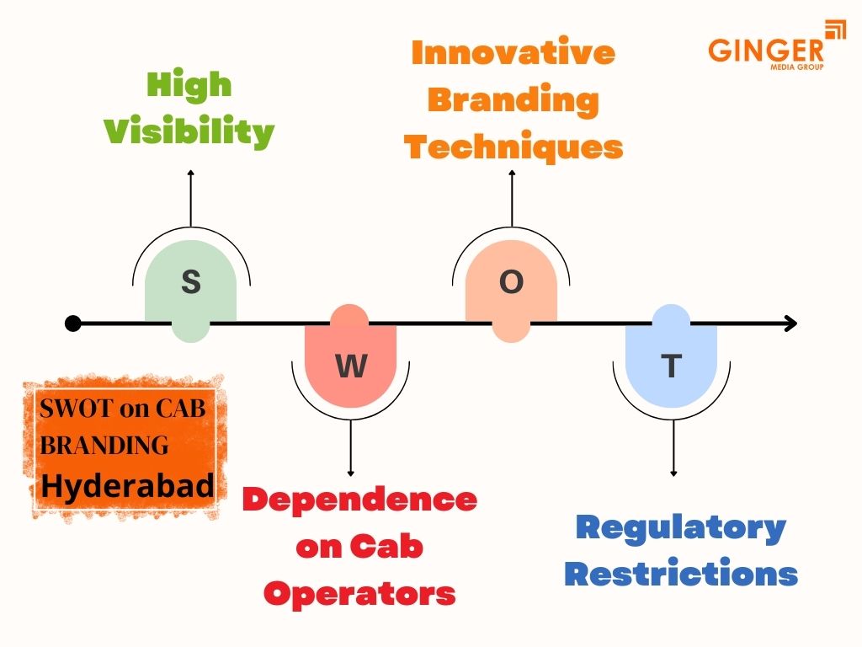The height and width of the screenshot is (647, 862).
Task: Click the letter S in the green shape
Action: (x=191, y=281)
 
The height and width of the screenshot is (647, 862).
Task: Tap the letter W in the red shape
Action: (x=351, y=366)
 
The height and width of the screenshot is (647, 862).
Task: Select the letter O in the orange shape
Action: (x=511, y=282)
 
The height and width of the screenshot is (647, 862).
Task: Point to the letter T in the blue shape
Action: (x=671, y=366)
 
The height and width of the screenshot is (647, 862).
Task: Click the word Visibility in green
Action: (x=189, y=131)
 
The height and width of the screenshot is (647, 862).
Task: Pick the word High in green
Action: (x=189, y=84)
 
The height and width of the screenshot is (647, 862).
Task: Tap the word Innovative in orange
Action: (x=513, y=52)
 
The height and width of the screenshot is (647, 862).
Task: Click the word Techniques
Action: (x=513, y=147)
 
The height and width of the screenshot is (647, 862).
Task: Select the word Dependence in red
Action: (x=359, y=499)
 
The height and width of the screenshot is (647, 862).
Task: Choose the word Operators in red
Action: (x=359, y=593)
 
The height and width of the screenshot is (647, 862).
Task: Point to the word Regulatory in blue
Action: (x=680, y=528)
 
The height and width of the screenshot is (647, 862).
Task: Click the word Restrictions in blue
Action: (x=680, y=575)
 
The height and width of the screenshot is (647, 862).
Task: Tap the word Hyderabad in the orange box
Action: (x=127, y=486)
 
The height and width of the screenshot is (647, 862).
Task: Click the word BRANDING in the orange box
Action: (x=104, y=445)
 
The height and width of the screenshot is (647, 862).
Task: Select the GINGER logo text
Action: (x=765, y=49)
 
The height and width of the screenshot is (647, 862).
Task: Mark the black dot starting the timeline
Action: (x=73, y=323)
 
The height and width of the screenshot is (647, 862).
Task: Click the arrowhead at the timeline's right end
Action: (x=791, y=323)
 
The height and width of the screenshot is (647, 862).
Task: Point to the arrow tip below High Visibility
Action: (x=191, y=172)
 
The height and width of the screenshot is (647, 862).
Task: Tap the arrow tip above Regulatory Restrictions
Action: (x=673, y=474)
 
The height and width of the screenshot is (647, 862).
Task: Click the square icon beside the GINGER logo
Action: (x=835, y=30)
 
